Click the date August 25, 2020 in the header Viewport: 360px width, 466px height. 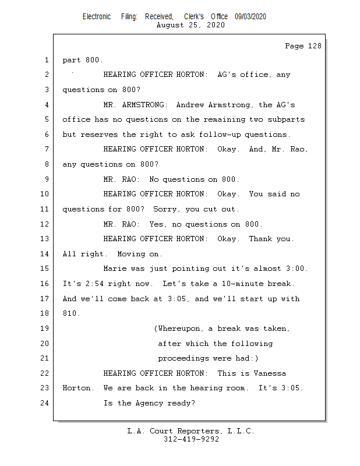tap(190, 26)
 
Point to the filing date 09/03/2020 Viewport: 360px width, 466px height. tap(250, 17)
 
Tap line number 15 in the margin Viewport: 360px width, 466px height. tap(45, 269)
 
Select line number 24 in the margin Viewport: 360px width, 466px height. tap(45, 403)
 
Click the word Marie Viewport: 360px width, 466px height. tap(114, 269)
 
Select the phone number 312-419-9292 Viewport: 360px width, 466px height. tap(191, 439)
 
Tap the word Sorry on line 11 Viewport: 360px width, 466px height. tap(165, 209)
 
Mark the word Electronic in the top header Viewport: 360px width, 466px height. tap(97, 17)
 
